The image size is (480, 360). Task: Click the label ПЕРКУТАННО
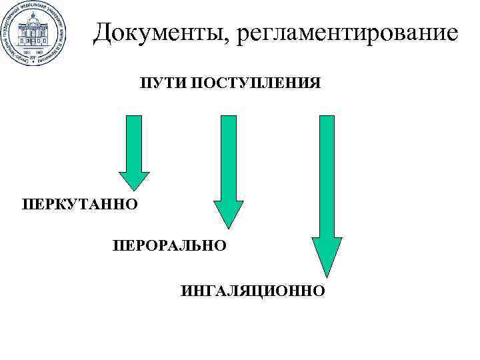[x=79, y=202]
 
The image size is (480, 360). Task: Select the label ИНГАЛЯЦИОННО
[x=253, y=291]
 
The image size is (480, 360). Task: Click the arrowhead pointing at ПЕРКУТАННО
[x=134, y=179]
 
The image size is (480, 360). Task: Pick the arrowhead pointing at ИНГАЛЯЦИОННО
[x=326, y=257]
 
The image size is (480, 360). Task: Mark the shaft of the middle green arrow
[x=228, y=157]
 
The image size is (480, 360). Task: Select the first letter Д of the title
[x=104, y=33]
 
